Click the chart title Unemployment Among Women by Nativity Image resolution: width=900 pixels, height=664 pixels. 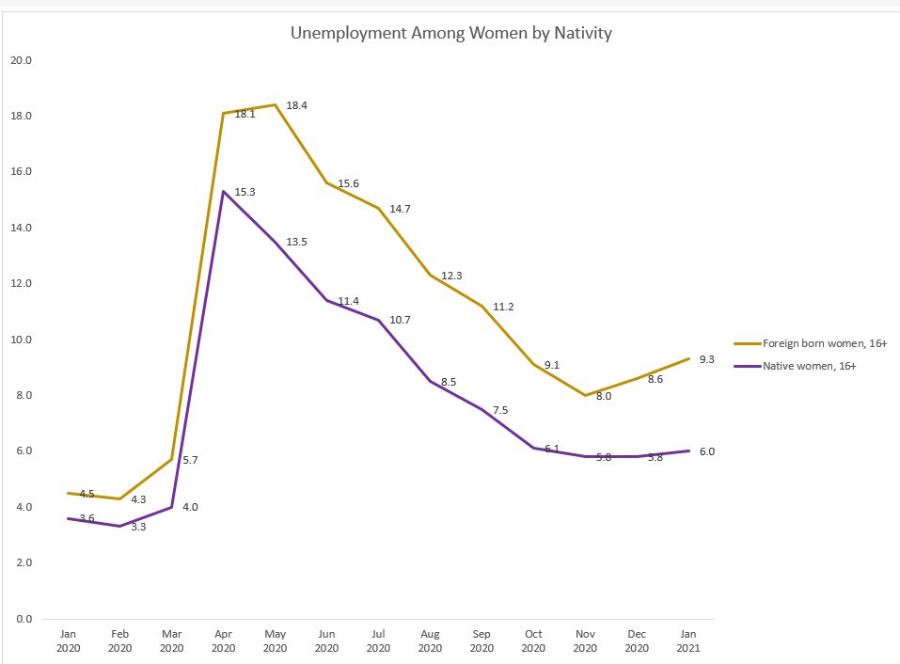(x=451, y=34)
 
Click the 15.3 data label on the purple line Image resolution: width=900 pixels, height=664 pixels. (x=245, y=192)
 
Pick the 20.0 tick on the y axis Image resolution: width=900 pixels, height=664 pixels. (x=21, y=60)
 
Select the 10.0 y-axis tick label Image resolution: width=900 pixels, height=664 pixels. (x=21, y=340)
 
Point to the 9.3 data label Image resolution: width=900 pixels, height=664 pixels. (x=706, y=359)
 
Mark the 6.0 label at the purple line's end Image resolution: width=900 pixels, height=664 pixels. (x=706, y=451)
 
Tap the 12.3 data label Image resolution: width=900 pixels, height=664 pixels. (x=452, y=276)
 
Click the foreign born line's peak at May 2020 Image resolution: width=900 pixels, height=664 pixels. (x=275, y=105)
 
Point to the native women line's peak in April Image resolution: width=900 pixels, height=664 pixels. (x=223, y=191)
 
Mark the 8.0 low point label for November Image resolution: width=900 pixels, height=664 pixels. (x=604, y=396)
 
